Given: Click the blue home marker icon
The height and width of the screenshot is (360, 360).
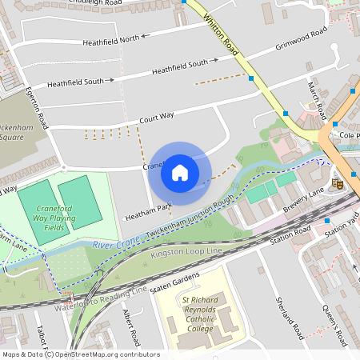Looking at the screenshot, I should [180, 172].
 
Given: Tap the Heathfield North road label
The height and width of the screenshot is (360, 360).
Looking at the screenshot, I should [118, 38].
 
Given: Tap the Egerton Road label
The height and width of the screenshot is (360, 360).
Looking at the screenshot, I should [38, 108].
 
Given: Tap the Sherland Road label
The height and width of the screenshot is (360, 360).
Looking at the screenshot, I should [291, 316].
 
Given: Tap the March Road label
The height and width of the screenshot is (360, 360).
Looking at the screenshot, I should [318, 97].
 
